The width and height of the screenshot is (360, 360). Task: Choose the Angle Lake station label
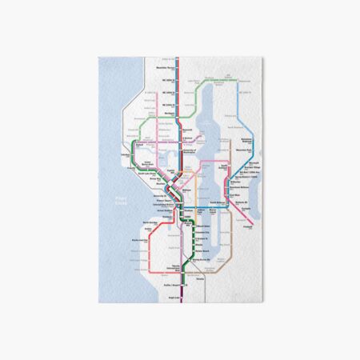point(171,298)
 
